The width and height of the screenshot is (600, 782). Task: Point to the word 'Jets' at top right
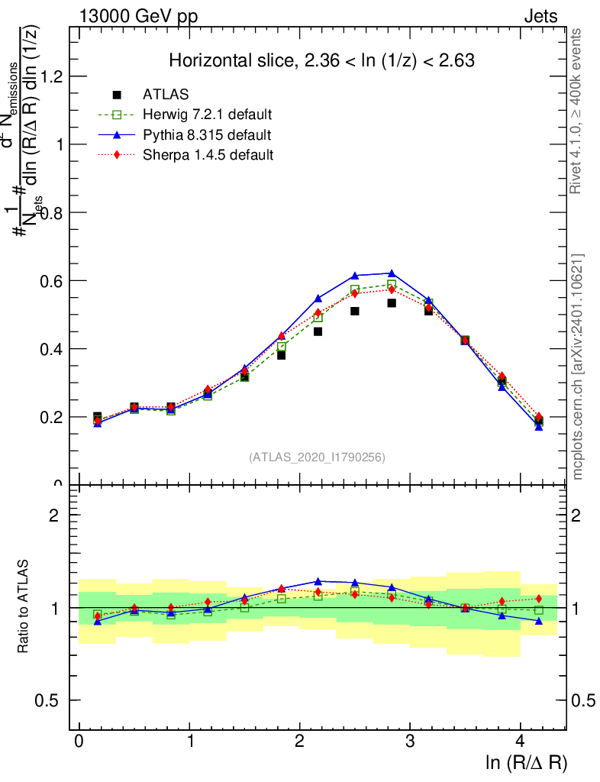tap(540, 16)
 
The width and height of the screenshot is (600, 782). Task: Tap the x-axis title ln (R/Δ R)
tap(526, 761)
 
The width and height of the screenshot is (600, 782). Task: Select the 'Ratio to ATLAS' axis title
tap(24, 607)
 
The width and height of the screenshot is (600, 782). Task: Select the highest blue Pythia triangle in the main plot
tap(392, 273)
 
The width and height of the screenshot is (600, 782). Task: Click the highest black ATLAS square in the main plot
tap(392, 303)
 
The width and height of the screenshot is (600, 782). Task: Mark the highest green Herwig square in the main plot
tap(392, 285)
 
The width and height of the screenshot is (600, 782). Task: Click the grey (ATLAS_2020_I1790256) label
tap(317, 457)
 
